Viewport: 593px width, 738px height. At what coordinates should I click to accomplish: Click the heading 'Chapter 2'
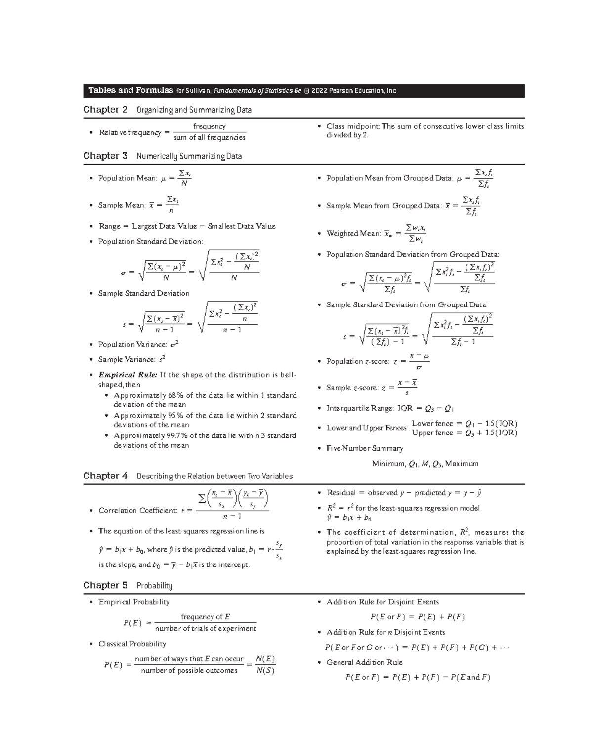[105, 109]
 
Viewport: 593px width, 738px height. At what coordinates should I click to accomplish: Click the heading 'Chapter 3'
[105, 156]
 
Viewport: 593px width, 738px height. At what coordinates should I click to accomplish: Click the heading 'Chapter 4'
[105, 476]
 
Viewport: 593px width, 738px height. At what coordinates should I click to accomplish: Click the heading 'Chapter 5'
[105, 585]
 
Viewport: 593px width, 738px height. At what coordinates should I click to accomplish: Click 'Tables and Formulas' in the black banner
[130, 90]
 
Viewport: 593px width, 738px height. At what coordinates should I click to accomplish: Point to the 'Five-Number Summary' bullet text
[365, 448]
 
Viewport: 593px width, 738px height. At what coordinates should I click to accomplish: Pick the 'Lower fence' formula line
[465, 423]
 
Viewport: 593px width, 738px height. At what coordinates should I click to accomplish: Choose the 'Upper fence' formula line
[465, 433]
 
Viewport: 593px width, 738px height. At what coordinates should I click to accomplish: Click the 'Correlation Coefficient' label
[137, 510]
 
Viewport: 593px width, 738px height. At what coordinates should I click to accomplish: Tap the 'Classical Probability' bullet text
[132, 644]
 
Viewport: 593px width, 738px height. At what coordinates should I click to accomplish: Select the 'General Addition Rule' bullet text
[364, 662]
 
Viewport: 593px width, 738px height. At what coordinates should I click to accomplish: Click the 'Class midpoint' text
[353, 126]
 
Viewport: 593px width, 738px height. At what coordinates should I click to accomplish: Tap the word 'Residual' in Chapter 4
[341, 493]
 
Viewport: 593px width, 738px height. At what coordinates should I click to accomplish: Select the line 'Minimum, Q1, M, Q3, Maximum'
[425, 464]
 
